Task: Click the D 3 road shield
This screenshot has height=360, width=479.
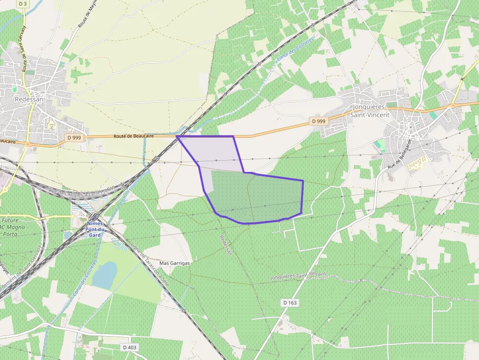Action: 22,3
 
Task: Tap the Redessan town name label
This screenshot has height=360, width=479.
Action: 29,99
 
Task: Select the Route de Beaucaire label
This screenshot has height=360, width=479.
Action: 133,137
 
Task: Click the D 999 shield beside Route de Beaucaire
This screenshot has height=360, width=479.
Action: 74,138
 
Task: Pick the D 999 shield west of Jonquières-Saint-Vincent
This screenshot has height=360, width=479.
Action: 318,121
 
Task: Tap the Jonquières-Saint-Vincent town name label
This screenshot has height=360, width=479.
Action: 370,111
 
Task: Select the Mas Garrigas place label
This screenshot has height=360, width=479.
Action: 174,263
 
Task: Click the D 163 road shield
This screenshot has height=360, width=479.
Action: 290,303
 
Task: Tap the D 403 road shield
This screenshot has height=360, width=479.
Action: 130,347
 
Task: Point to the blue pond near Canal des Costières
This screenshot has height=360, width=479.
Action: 104,275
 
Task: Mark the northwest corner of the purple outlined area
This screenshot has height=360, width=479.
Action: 177,137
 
